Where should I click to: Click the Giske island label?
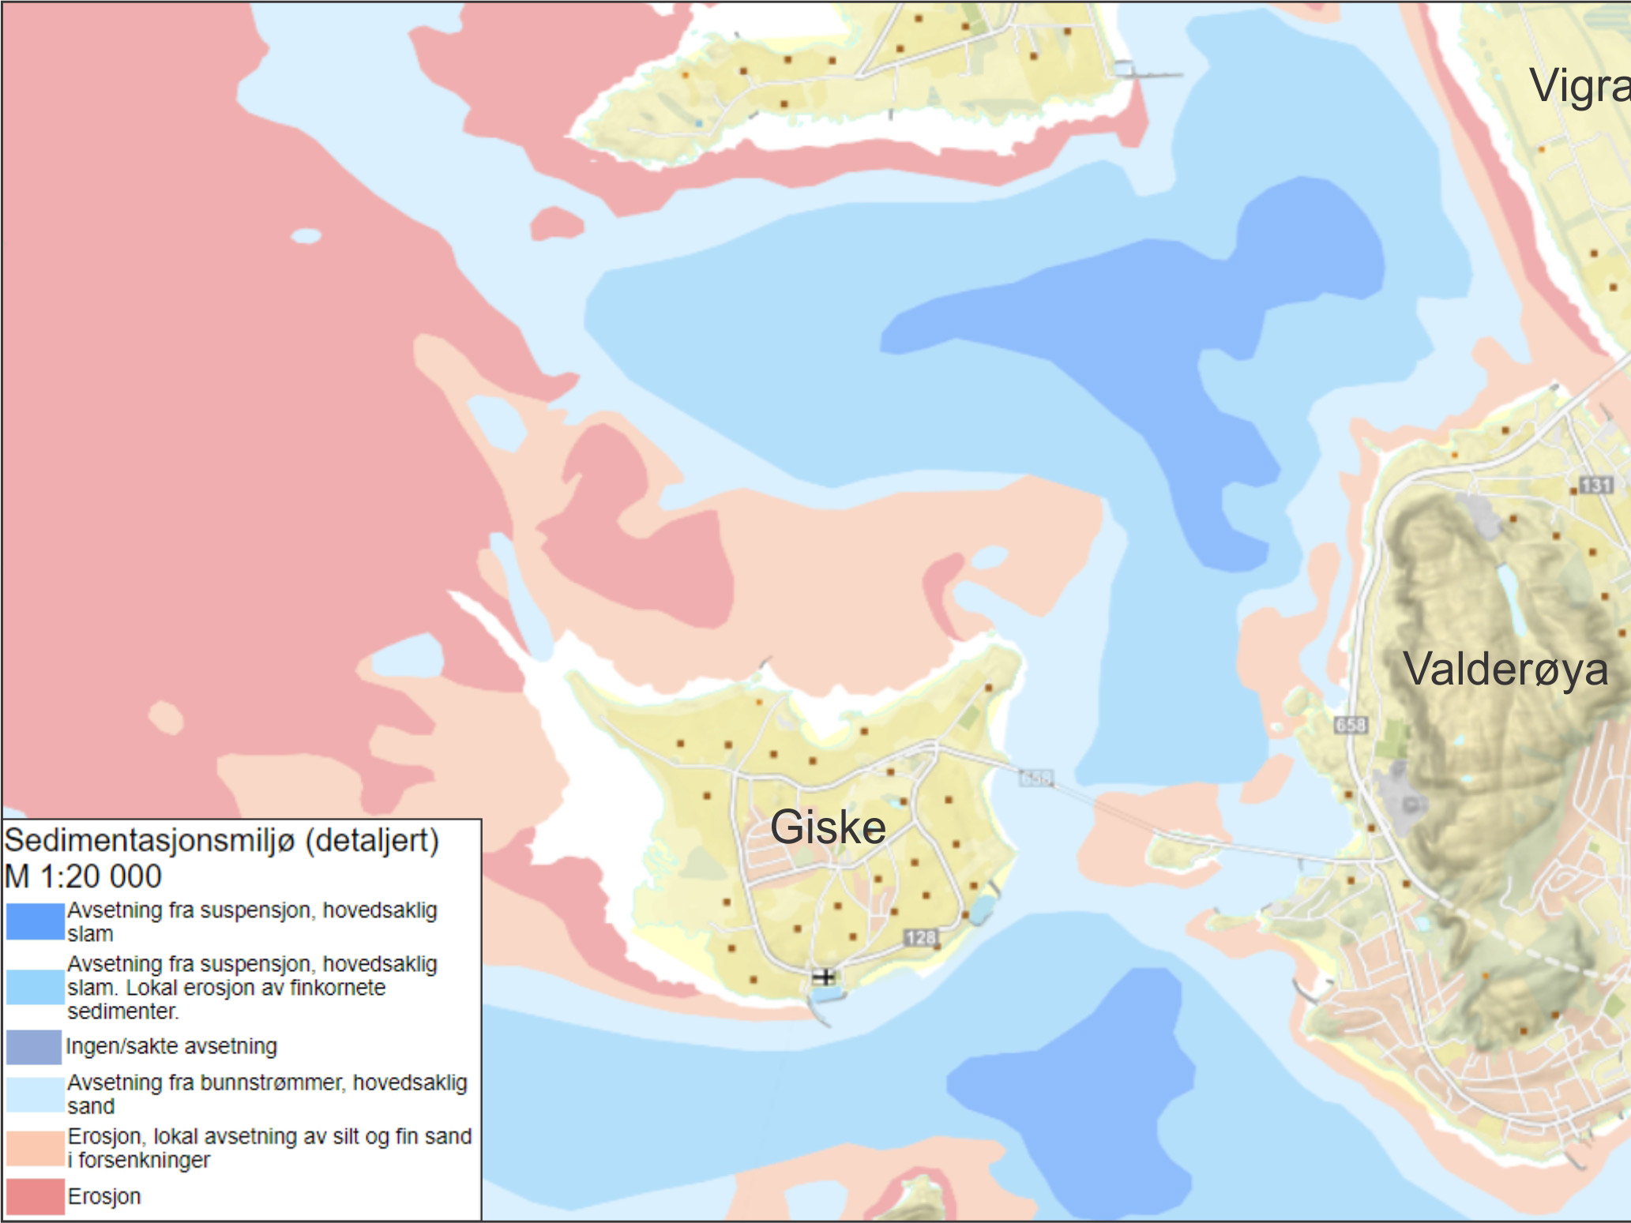[828, 827]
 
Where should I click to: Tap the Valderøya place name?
[1505, 670]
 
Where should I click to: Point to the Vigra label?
[1578, 85]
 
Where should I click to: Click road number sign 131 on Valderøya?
[1595, 484]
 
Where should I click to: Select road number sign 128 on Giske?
[921, 938]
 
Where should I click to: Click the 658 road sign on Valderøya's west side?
[1350, 724]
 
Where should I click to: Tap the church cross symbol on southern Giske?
[823, 977]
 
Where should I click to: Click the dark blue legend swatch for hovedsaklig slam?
[35, 921]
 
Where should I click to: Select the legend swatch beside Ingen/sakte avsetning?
[34, 1047]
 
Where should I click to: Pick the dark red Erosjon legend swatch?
[35, 1196]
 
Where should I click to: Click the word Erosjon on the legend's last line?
[104, 1196]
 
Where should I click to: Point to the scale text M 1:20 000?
[83, 876]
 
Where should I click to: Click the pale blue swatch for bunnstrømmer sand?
[35, 1094]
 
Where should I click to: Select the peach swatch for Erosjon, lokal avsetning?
[35, 1148]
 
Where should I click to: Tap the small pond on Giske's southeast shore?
[979, 910]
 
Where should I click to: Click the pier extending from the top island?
[1149, 73]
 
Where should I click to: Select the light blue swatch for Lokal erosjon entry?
[35, 987]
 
